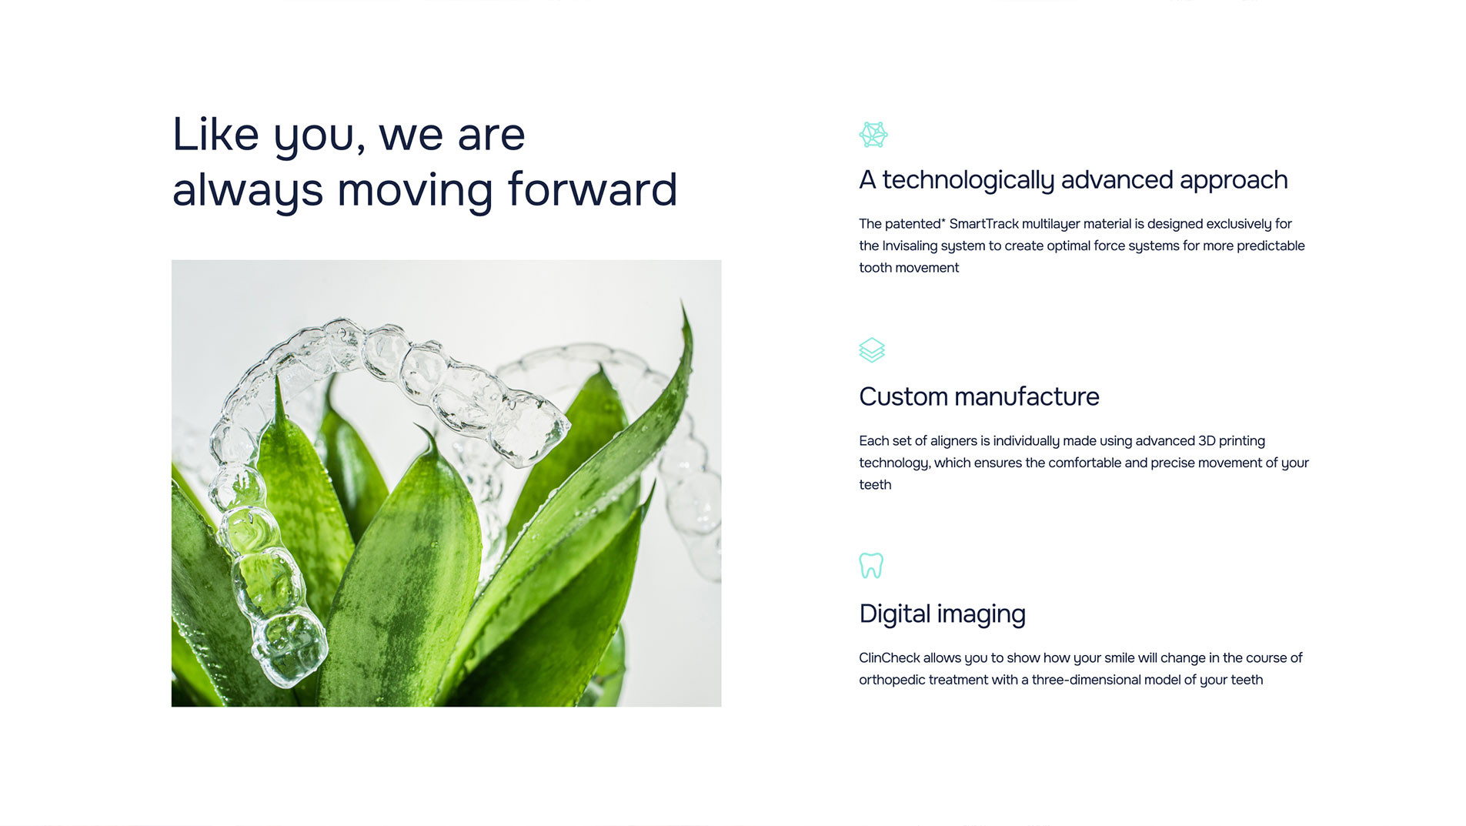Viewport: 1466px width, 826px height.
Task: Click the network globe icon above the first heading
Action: pos(873,135)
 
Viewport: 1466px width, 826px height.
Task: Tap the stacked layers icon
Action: pos(872,350)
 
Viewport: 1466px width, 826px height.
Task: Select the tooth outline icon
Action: pos(871,566)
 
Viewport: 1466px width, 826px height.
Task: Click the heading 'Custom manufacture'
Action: pos(979,396)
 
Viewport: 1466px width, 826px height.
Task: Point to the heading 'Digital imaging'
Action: pos(942,614)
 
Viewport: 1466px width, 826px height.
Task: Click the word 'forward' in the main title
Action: pos(593,189)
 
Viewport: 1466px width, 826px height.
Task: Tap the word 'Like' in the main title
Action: pos(215,134)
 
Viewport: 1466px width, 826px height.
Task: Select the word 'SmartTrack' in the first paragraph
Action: pos(983,224)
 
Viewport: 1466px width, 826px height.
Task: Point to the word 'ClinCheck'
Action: pos(889,658)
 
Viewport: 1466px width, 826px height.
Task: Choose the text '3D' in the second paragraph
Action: pos(1207,441)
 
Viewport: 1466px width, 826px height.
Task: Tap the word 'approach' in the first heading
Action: pos(1234,181)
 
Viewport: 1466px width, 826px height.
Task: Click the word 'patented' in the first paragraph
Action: pos(913,224)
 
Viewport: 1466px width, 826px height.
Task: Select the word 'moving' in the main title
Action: pos(415,190)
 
